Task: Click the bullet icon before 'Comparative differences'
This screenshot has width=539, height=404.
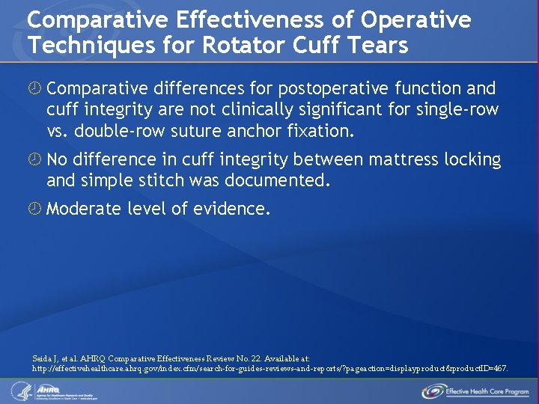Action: [34, 89]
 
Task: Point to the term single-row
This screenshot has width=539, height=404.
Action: [456, 110]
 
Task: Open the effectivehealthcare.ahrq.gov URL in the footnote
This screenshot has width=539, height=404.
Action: [269, 369]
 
